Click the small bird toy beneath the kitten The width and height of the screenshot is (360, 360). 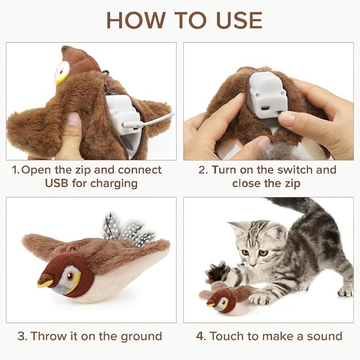[x=223, y=300]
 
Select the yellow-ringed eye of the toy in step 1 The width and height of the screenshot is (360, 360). [x=63, y=72]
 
